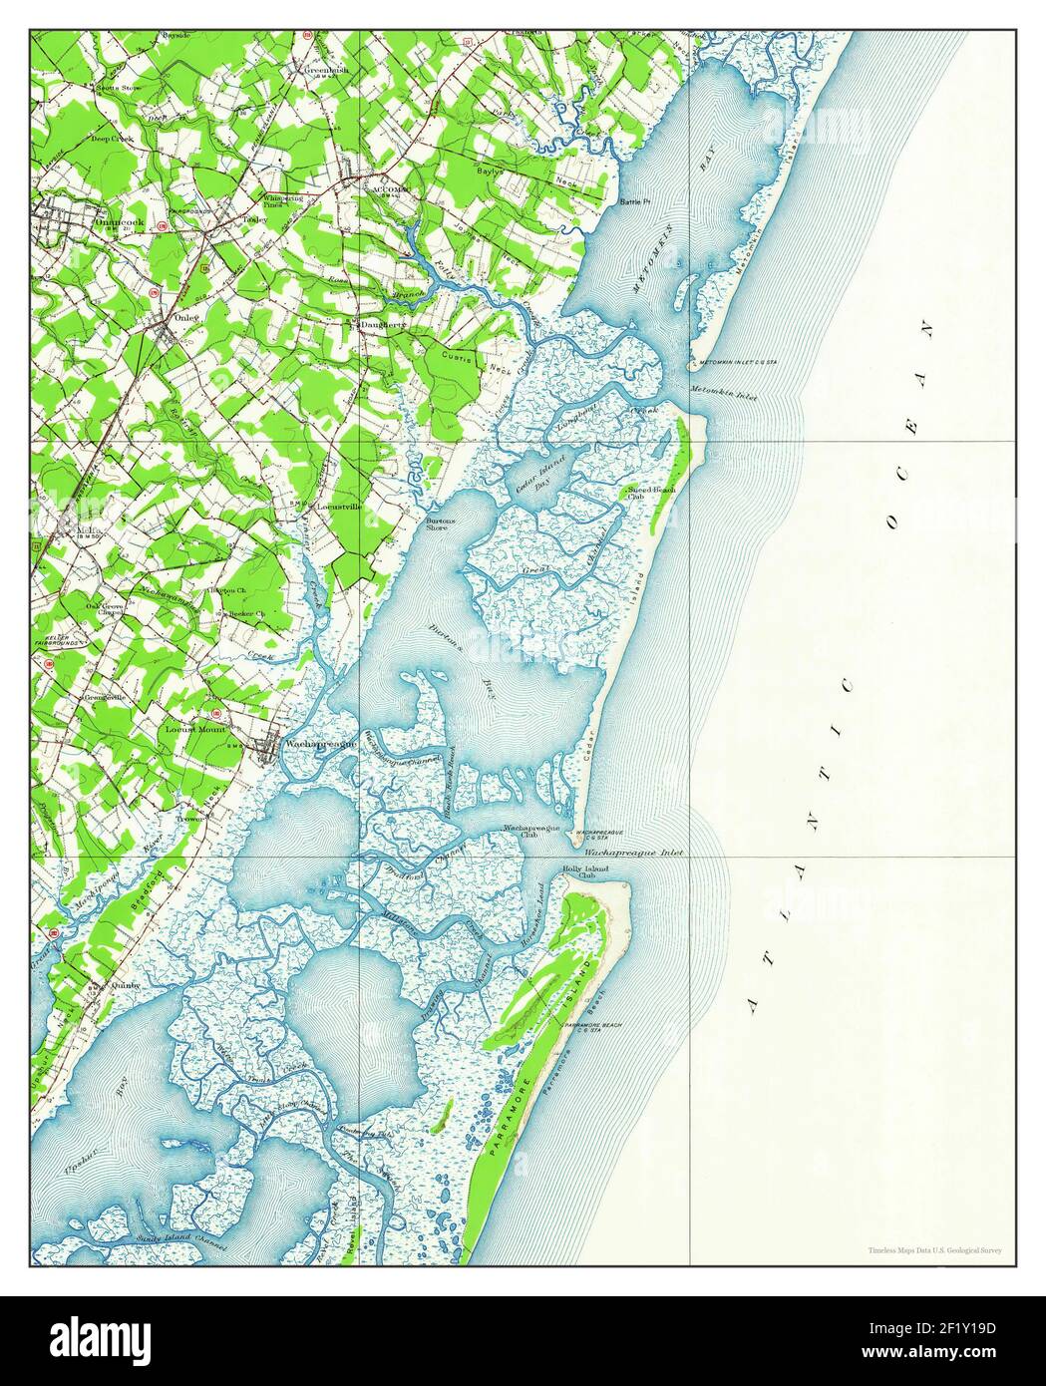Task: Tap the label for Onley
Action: click(186, 317)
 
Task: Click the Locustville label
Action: click(338, 508)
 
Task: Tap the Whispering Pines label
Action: click(284, 199)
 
